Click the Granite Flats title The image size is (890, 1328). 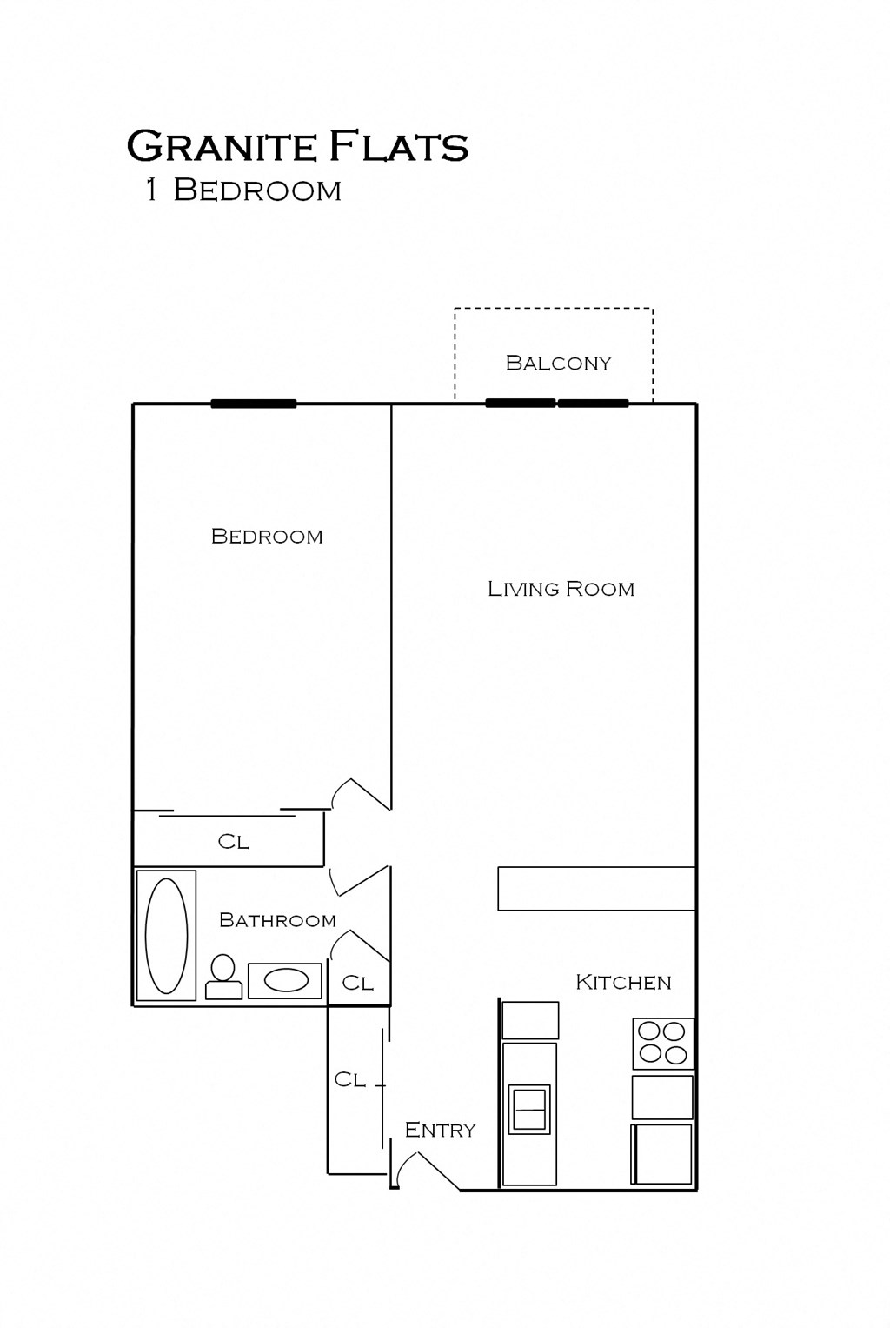(297, 147)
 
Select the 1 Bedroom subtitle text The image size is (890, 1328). (243, 190)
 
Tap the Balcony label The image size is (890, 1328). (558, 363)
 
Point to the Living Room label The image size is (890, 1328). (561, 589)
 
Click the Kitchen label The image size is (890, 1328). (623, 982)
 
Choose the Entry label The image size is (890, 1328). (440, 1130)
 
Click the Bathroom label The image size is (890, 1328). (277, 920)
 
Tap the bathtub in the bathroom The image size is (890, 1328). (166, 935)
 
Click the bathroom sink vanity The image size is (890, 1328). (285, 980)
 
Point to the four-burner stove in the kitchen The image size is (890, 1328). (663, 1043)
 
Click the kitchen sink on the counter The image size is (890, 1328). (529, 1109)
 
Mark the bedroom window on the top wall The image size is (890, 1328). (254, 404)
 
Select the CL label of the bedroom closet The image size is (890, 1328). (233, 842)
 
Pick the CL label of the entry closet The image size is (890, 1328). (349, 1079)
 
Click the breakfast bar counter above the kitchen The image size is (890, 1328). (596, 888)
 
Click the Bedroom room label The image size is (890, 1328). (267, 537)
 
